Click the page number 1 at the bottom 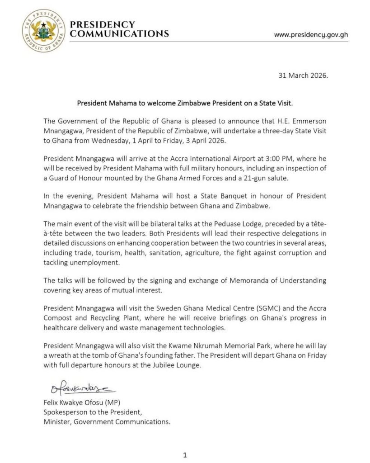(185, 454)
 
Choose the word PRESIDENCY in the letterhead (102, 24)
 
